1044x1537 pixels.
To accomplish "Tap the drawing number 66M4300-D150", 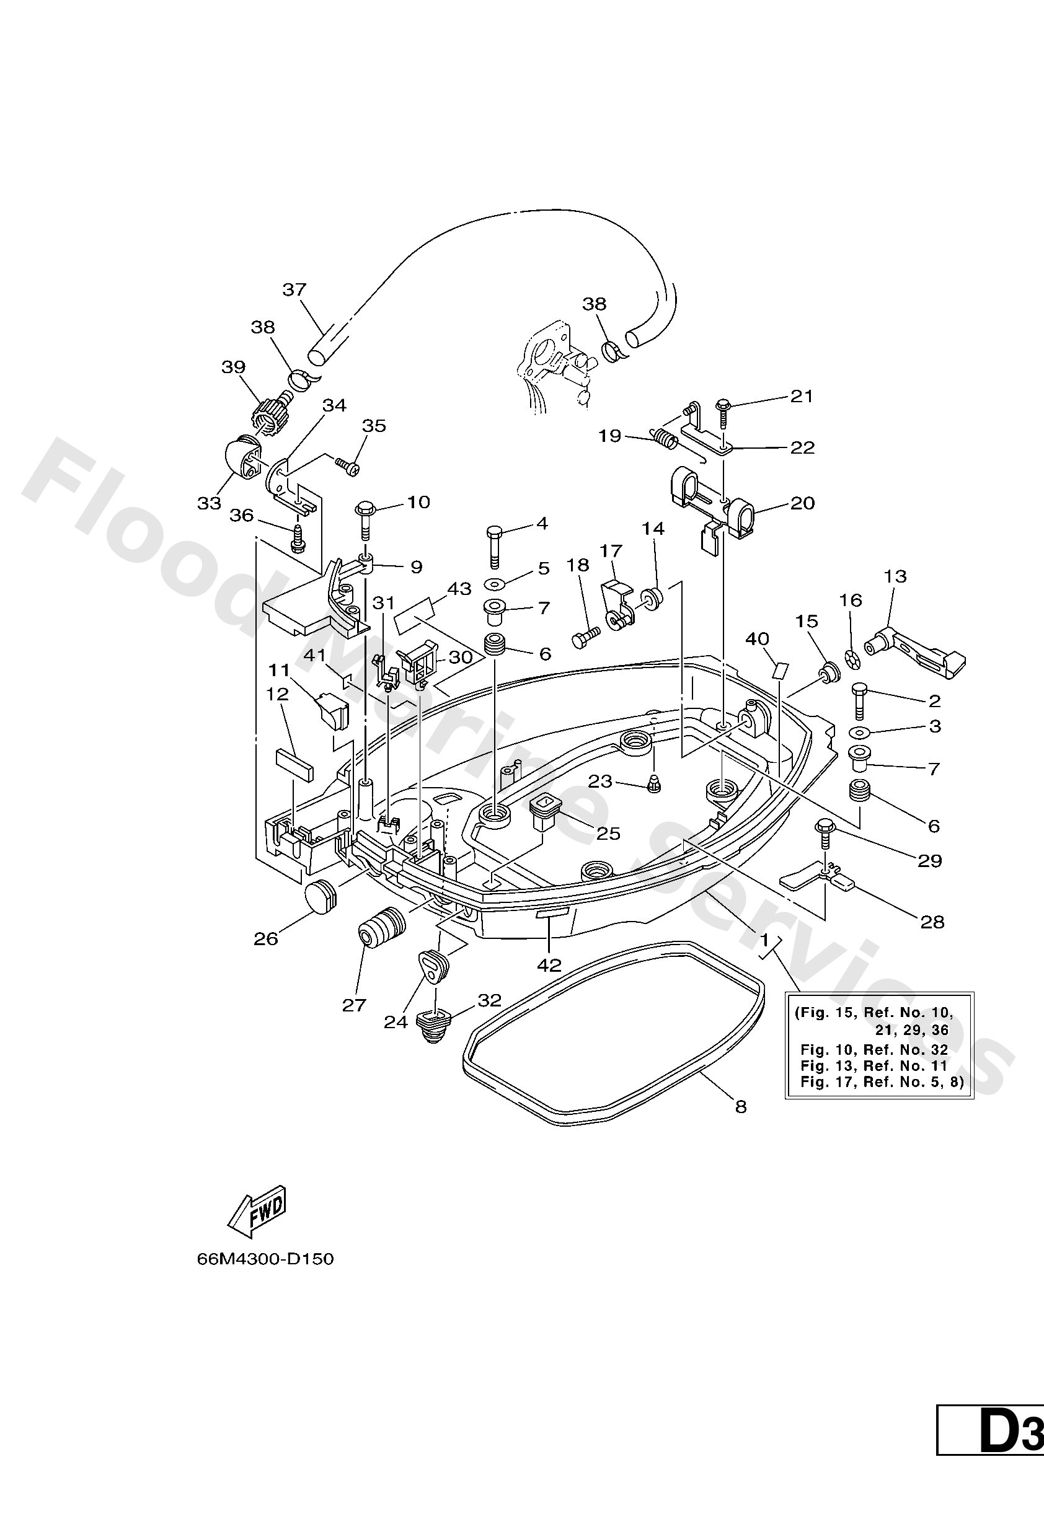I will click(265, 1259).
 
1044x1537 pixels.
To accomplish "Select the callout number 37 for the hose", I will click(294, 289).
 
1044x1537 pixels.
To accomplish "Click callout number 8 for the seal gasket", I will click(740, 1106).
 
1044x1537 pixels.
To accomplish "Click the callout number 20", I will click(802, 503).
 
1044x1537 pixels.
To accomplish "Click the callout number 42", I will click(549, 966).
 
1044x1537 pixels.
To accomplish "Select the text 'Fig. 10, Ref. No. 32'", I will click(874, 1050).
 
